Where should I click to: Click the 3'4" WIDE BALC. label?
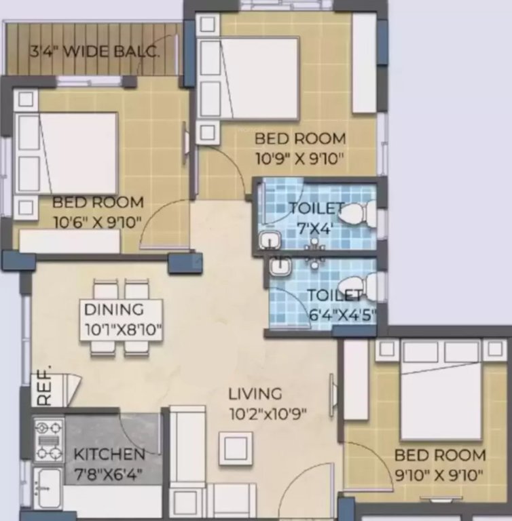[x=94, y=52]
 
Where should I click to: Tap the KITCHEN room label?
[x=109, y=454]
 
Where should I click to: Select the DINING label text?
[x=114, y=309]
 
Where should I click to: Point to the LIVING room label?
[x=255, y=393]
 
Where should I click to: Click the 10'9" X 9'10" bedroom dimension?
[x=300, y=159]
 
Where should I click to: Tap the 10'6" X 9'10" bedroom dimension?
[x=98, y=222]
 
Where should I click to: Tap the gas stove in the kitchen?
[x=49, y=440]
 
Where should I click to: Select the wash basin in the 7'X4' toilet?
[x=270, y=241]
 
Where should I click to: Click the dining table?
[x=122, y=319]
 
